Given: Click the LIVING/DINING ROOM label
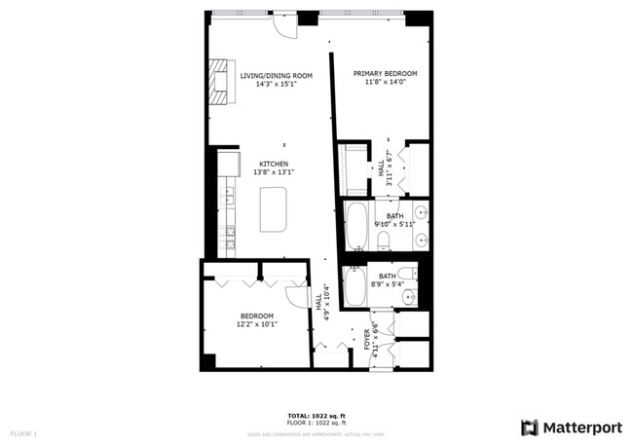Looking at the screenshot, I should tap(276, 75).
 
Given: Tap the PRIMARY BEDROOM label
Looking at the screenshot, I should tap(385, 74).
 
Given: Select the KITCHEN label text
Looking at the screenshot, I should tap(274, 164).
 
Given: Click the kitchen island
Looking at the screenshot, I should tap(274, 210).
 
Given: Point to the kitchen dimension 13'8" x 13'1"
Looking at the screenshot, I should tap(274, 172).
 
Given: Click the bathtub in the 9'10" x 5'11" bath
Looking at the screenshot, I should tap(355, 226).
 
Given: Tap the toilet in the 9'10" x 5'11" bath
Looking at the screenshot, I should tap(383, 239).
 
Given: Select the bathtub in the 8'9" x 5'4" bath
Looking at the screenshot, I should tap(354, 286).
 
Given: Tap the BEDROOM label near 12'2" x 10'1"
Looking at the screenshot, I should tap(257, 316).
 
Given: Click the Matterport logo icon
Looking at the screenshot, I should tap(529, 428).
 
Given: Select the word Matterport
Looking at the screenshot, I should tap(581, 428).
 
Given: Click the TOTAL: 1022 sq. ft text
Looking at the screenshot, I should tap(316, 416).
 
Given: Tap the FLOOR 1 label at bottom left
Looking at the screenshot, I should tap(23, 432).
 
